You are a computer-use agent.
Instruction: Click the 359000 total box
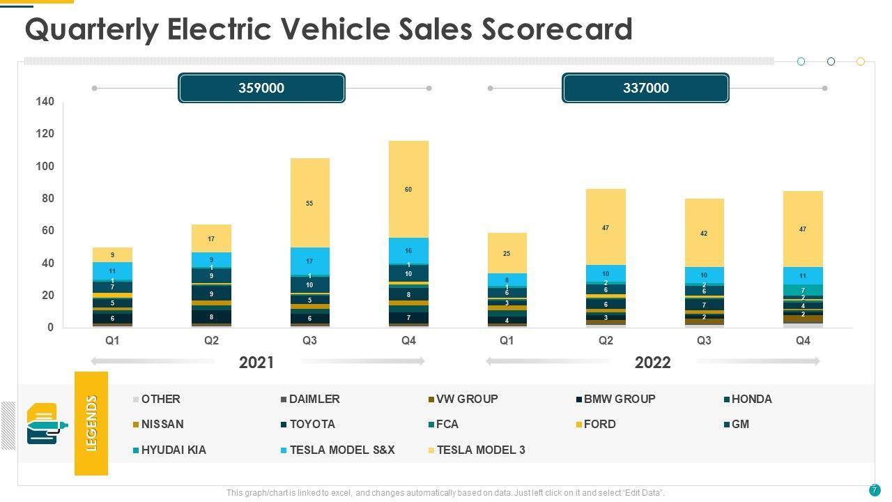[261, 88]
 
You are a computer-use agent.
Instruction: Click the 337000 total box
[645, 88]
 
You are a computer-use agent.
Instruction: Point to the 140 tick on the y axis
[45, 102]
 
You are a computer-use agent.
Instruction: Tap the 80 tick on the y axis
[47, 199]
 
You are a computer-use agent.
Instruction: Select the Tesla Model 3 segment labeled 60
[408, 189]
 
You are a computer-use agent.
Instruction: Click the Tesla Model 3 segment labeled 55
[309, 203]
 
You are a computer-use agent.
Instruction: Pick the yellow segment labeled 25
[507, 253]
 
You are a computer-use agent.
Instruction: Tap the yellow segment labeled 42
[704, 233]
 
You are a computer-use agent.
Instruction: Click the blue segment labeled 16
[408, 250]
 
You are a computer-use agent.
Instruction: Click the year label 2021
[256, 363]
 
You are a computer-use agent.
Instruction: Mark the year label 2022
[652, 363]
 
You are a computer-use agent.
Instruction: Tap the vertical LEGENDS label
[91, 423]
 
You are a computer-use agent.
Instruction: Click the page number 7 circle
[874, 489]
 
